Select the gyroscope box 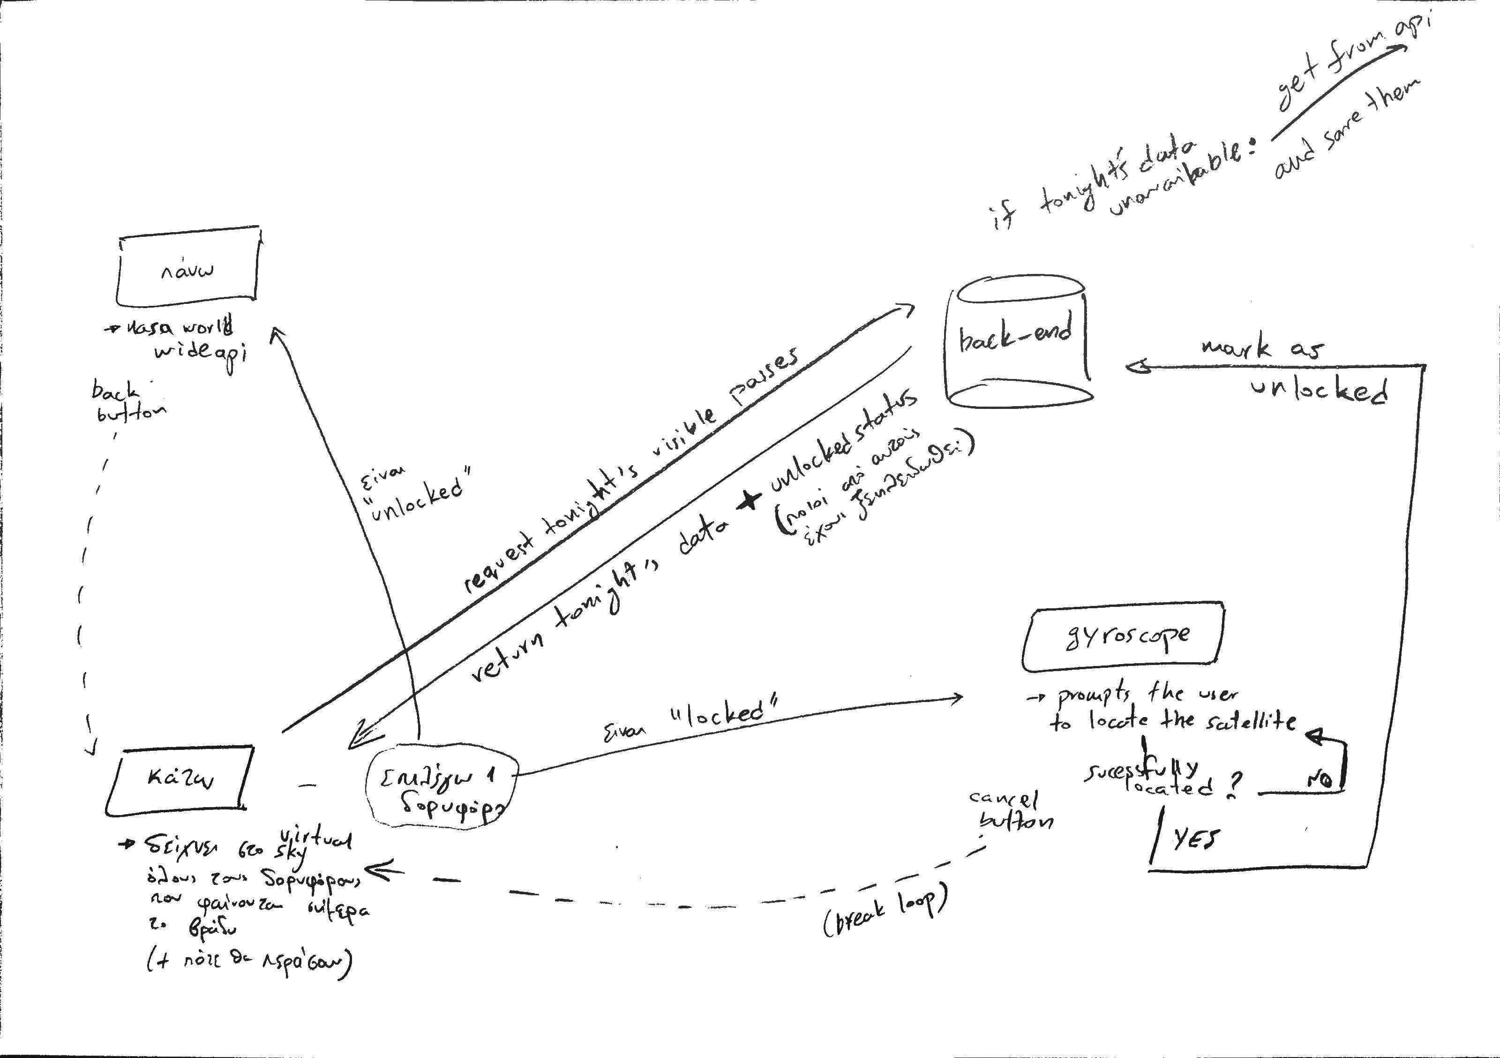[1122, 640]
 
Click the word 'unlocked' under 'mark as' [1319, 391]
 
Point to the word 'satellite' [1253, 721]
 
